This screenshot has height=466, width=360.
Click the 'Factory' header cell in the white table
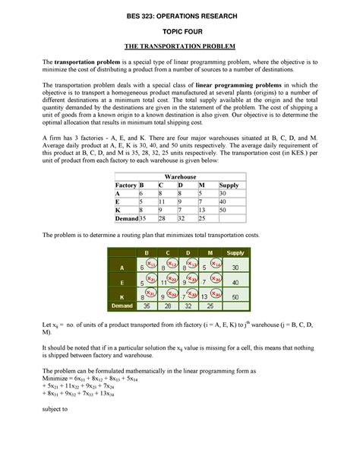point(125,185)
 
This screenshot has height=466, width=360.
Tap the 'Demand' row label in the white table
point(126,218)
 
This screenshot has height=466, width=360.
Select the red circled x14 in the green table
point(216,264)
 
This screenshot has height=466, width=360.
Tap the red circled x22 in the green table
point(173,278)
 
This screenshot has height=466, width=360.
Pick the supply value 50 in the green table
point(235,296)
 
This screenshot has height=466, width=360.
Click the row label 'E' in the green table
point(122,281)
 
